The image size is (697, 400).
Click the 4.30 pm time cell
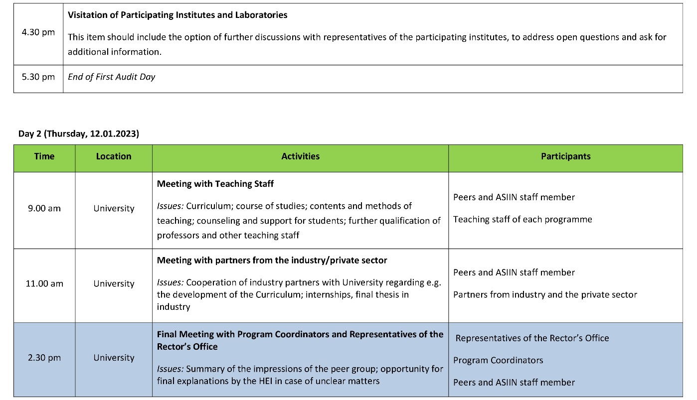pos(38,33)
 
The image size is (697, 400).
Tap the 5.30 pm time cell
pos(38,77)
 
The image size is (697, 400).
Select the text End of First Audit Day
pos(112,77)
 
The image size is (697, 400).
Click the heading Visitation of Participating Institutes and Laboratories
pos(177,15)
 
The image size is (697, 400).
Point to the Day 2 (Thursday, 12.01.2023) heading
pos(79,133)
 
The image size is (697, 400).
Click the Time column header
pos(44,156)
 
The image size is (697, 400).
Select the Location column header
pos(114,156)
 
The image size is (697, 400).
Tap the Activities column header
pos(300,156)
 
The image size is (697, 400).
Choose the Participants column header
pos(565,156)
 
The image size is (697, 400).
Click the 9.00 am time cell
pos(44,209)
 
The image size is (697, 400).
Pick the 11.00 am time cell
pos(44,284)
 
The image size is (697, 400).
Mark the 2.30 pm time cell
pos(44,358)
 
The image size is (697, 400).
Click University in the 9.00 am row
pos(114,209)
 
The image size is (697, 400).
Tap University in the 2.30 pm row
pos(114,358)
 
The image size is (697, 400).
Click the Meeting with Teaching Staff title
pos(215,184)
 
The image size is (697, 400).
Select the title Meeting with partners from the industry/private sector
pos(272,260)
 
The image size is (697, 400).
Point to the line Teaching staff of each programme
pos(523,219)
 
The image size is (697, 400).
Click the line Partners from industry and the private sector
pos(545,294)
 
